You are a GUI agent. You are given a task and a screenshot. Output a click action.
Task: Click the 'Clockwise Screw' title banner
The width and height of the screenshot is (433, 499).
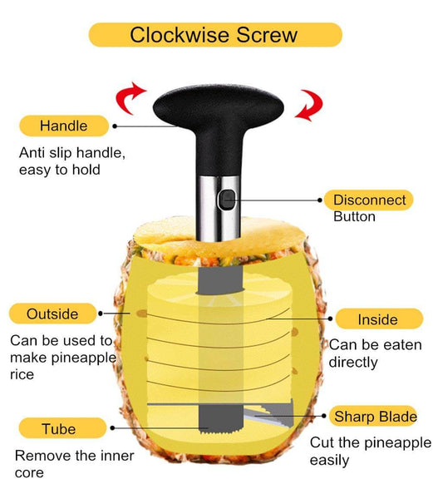pyautogui.click(x=214, y=35)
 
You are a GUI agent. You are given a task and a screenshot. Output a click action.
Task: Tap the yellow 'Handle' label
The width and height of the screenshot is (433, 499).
pyautogui.click(x=63, y=126)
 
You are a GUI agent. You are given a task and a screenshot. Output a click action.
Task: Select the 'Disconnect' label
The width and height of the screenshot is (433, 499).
pyautogui.click(x=369, y=200)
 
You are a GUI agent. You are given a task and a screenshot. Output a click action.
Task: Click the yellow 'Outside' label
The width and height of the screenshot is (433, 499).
pyautogui.click(x=52, y=314)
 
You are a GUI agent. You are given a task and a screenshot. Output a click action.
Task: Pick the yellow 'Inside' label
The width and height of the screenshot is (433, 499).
pyautogui.click(x=377, y=319)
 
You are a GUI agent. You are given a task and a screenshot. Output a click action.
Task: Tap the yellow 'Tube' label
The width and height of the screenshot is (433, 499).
pyautogui.click(x=57, y=429)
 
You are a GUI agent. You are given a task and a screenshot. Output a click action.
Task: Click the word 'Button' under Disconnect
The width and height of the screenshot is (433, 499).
pyautogui.click(x=354, y=217)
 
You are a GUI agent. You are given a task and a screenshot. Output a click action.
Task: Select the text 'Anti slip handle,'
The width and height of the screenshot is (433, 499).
pyautogui.click(x=71, y=153)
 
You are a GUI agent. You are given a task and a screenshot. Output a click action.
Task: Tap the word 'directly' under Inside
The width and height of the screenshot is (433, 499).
pyautogui.click(x=353, y=362)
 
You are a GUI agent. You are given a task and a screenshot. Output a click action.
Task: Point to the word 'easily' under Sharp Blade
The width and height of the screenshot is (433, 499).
pyautogui.click(x=329, y=460)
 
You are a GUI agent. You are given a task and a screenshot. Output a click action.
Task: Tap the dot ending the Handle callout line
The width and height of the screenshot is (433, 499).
pyautogui.click(x=115, y=126)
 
